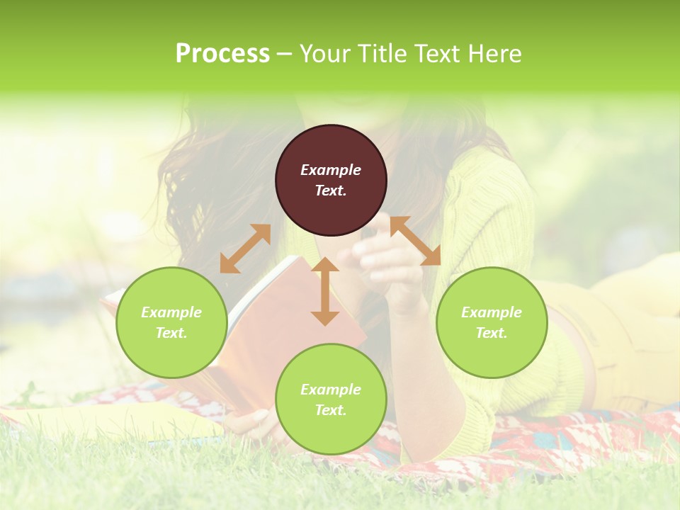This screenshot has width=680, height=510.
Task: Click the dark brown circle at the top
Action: [x=331, y=181]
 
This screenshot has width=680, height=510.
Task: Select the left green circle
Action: [x=171, y=322]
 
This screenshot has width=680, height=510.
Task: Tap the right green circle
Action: [x=492, y=322]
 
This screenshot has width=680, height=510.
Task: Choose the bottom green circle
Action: [x=331, y=399]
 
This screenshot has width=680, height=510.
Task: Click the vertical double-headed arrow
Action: [x=325, y=291]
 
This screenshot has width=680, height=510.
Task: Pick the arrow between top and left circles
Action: [x=246, y=249]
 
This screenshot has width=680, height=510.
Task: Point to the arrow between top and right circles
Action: [x=416, y=241]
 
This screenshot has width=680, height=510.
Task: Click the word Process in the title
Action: [x=222, y=54]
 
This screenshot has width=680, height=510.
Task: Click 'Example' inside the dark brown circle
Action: [x=331, y=170]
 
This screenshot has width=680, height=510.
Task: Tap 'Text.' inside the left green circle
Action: [x=171, y=333]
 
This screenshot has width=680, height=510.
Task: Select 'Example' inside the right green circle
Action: [x=492, y=312]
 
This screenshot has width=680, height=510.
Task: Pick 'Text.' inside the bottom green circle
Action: [x=331, y=410]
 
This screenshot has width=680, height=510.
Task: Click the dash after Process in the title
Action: [x=285, y=54]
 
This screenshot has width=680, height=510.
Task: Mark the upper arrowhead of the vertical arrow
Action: [x=325, y=266]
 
